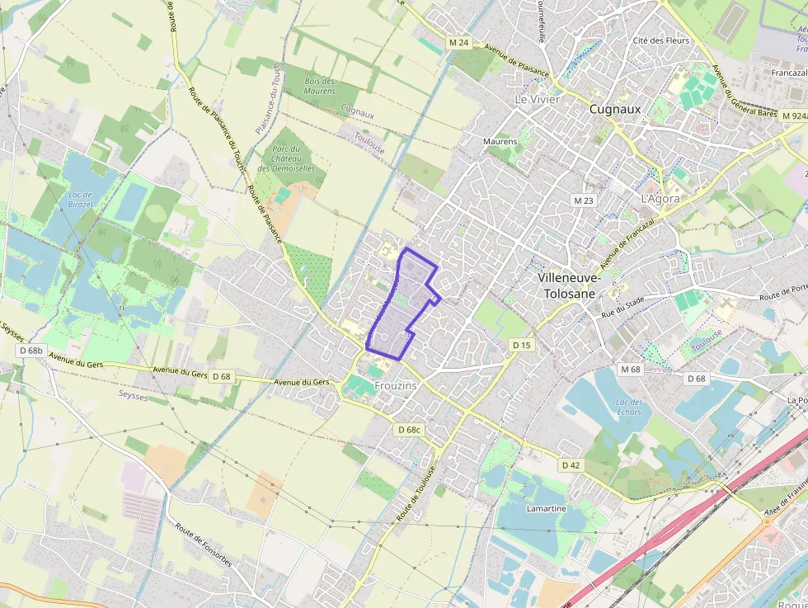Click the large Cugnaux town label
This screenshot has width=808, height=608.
pyautogui.click(x=615, y=109)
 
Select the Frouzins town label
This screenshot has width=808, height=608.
pyautogui.click(x=396, y=385)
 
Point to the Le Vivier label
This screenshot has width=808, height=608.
pyautogui.click(x=537, y=99)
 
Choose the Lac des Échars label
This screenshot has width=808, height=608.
pyautogui.click(x=628, y=407)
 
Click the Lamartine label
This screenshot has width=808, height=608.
pyautogui.click(x=547, y=508)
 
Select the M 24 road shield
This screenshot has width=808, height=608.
pyautogui.click(x=459, y=42)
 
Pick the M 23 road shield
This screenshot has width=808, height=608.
pyautogui.click(x=583, y=200)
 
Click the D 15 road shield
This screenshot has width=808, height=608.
pyautogui.click(x=521, y=345)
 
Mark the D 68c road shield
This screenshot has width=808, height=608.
pyautogui.click(x=409, y=430)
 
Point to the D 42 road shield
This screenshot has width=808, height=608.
pyautogui.click(x=571, y=465)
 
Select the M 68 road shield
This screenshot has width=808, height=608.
pyautogui.click(x=631, y=369)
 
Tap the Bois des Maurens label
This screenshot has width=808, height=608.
pyautogui.click(x=320, y=86)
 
